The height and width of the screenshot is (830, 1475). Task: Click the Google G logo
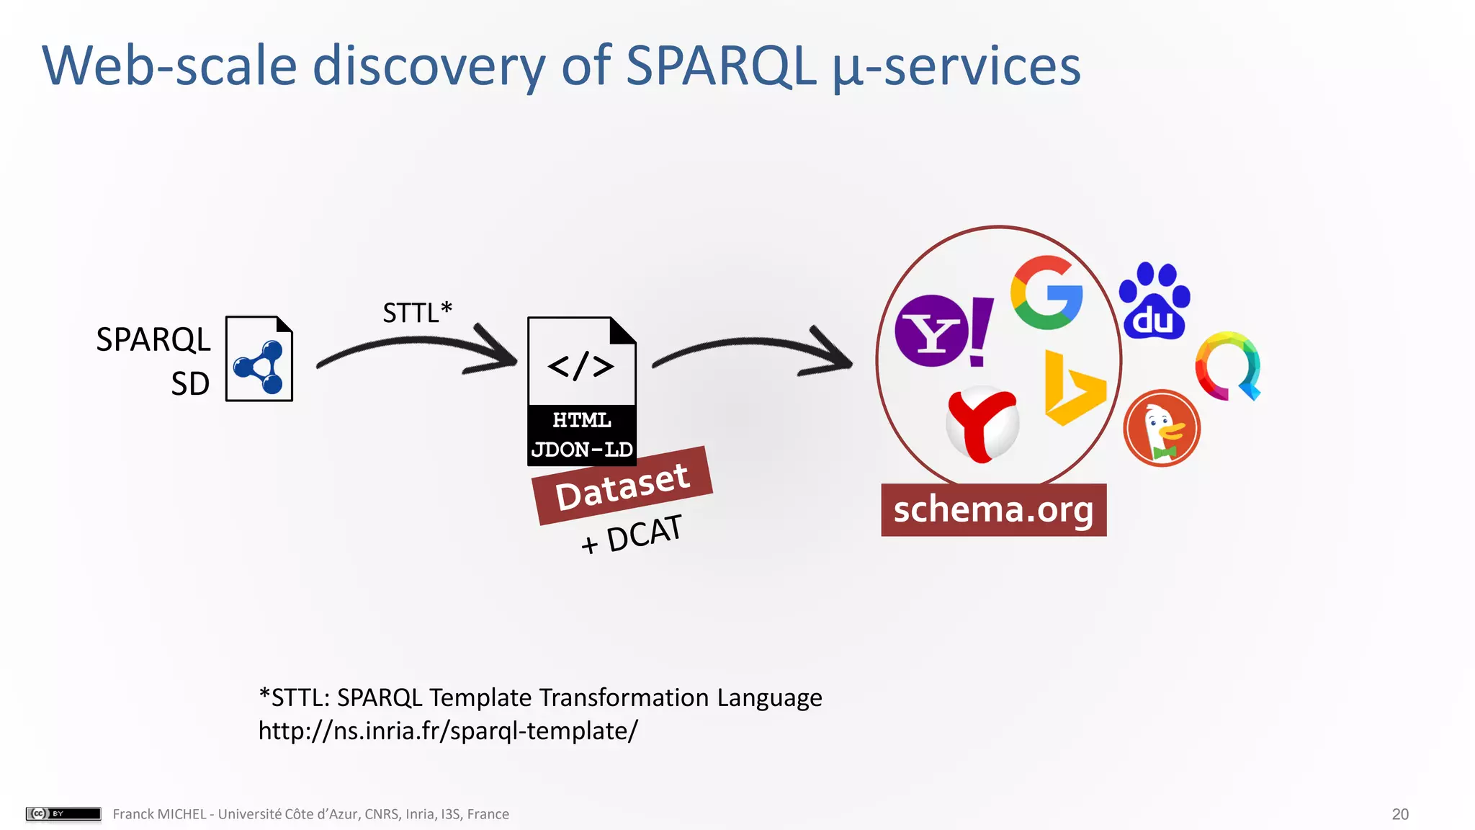[x=1046, y=293]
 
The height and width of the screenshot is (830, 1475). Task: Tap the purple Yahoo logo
[x=942, y=331]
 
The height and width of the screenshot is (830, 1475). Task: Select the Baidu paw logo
[x=1155, y=302]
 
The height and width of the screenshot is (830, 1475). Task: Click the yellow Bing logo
[x=1072, y=390]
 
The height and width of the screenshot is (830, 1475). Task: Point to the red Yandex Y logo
[x=982, y=424]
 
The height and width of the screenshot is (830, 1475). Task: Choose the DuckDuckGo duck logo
[x=1161, y=429]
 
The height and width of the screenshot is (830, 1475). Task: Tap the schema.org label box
[x=993, y=510]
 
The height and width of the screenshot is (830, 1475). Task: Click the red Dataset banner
[x=622, y=486]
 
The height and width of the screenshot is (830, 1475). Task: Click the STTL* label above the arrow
[x=417, y=313]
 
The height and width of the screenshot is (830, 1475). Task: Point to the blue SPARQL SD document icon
[x=259, y=359]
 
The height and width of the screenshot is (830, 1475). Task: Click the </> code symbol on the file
[x=580, y=366]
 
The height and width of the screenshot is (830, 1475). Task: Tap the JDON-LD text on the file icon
[x=582, y=450]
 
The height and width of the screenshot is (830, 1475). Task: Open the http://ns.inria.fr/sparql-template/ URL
[x=448, y=731]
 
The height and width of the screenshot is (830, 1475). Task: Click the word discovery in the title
[x=429, y=66]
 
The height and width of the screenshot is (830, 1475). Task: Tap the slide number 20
[x=1399, y=814]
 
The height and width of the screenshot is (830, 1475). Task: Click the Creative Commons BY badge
[x=63, y=813]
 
